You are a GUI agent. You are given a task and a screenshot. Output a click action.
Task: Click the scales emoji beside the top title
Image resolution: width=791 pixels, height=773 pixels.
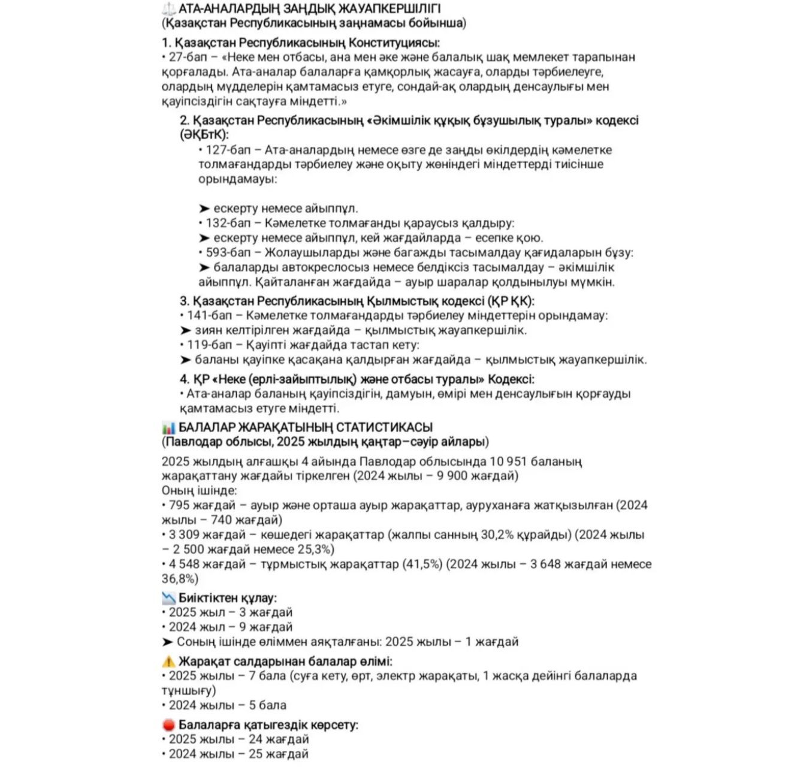(x=168, y=9)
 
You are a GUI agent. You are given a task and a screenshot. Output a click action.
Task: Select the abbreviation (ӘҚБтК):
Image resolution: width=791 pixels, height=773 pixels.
(x=204, y=135)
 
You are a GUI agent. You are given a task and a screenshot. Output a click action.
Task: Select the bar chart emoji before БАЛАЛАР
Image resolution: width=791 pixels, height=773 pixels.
(x=168, y=428)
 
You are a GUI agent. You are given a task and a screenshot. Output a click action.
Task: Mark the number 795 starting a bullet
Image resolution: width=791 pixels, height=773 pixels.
(x=179, y=506)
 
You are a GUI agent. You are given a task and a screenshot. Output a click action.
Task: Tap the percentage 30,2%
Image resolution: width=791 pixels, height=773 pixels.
(x=499, y=535)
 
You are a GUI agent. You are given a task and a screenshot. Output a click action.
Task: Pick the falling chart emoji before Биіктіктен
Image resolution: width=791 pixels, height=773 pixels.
(x=168, y=598)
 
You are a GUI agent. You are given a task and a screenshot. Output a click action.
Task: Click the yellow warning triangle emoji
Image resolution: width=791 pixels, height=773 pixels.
(x=168, y=662)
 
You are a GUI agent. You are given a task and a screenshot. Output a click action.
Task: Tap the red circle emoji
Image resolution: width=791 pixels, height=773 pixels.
(x=168, y=725)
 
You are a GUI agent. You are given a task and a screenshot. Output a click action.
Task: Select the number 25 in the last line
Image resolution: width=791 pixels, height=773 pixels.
(x=256, y=754)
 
